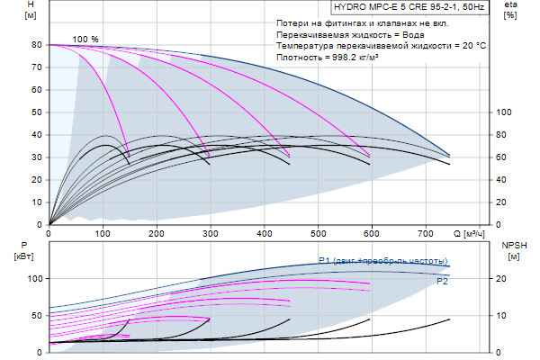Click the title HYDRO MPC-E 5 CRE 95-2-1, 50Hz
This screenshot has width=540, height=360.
402,7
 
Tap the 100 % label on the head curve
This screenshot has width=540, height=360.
85,39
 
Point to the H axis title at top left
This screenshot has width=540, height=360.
31,11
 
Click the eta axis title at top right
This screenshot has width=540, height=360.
510,11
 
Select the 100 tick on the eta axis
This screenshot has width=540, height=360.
505,112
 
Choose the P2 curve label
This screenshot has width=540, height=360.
443,282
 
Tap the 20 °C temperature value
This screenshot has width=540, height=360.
473,44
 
